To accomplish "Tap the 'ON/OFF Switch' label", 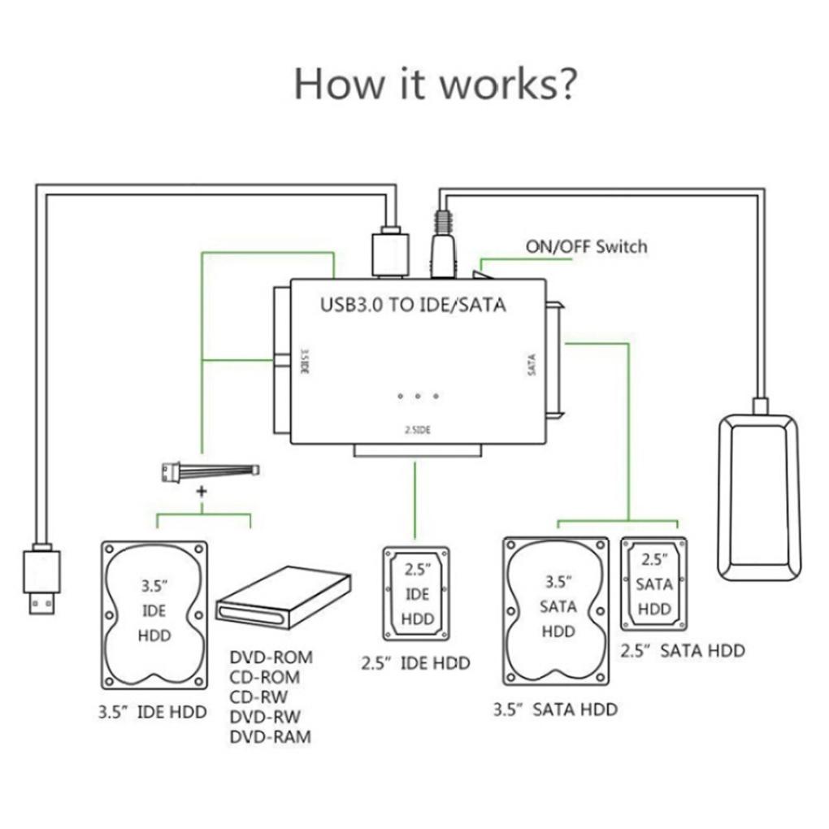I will coord(586,246).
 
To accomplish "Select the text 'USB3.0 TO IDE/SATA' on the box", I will coord(413,306).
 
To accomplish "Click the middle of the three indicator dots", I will coord(418,396).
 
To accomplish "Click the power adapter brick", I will coord(757,497).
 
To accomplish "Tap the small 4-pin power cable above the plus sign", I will coord(210,470).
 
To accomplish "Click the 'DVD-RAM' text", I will coord(271,737).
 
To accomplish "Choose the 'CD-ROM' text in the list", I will coord(265,677).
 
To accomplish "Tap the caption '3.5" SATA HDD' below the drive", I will coord(555,710).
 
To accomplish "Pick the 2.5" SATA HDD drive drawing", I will coord(653,584).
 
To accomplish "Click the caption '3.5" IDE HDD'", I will coord(152,712).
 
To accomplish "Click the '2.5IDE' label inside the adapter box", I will coord(417,431).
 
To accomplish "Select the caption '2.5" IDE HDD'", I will coord(415,663).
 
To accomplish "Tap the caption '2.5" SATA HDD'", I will coord(683,650).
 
